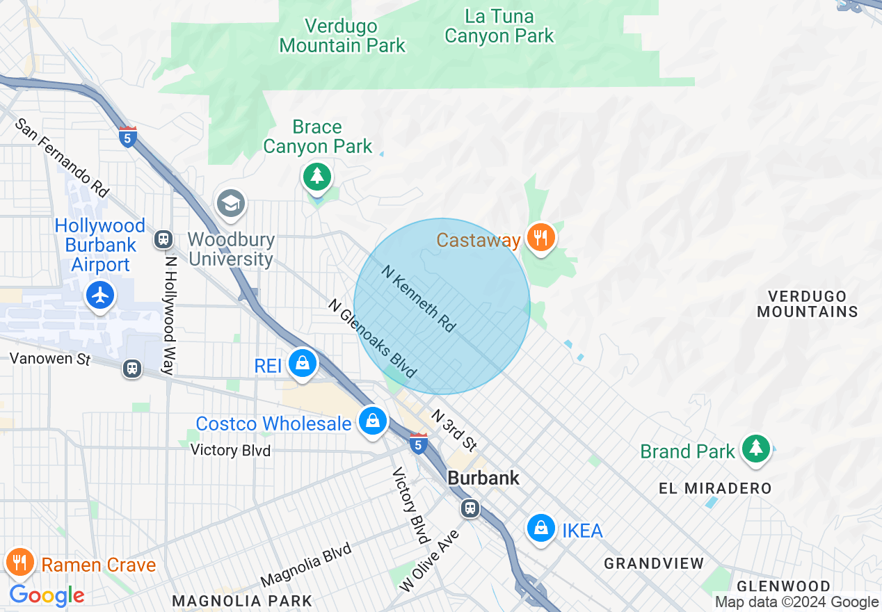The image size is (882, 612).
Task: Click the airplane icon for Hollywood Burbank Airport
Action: click(x=101, y=296)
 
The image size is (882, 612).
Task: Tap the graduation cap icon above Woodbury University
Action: click(x=230, y=204)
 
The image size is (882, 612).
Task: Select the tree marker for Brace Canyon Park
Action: click(x=317, y=175)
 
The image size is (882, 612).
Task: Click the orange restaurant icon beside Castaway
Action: click(x=540, y=238)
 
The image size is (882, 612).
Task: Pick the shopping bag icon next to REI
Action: click(x=303, y=363)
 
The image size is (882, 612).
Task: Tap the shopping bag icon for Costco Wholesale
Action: click(x=373, y=421)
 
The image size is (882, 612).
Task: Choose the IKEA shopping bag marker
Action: click(x=540, y=529)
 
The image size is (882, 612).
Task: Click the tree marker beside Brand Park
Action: click(x=755, y=449)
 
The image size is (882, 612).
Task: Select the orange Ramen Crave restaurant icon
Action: click(x=20, y=562)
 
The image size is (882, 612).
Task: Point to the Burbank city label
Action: click(x=483, y=478)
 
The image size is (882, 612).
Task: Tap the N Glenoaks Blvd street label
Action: click(x=371, y=338)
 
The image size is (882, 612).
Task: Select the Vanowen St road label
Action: click(x=50, y=359)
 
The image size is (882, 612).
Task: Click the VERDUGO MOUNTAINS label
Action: click(x=807, y=304)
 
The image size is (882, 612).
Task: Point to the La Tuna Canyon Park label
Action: click(x=499, y=26)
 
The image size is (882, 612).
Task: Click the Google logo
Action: click(x=47, y=595)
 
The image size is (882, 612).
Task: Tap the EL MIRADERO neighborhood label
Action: click(x=715, y=488)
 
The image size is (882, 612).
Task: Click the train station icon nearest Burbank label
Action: click(x=471, y=508)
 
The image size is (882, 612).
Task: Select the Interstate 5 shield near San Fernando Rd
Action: click(x=127, y=136)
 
